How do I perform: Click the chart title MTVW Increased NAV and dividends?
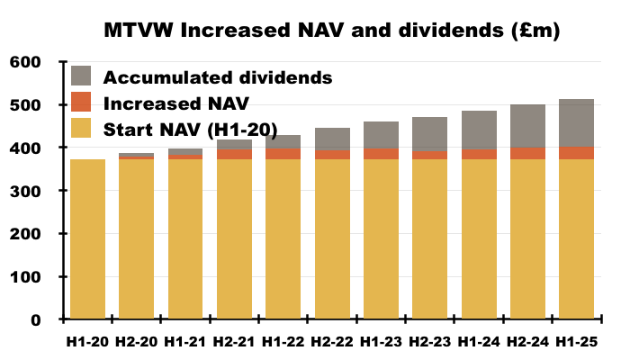click(332, 31)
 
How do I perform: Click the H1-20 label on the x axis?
click(87, 342)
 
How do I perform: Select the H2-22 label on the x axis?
click(332, 342)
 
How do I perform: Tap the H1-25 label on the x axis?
click(576, 342)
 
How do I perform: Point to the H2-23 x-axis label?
click(429, 342)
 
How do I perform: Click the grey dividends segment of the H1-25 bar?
click(576, 123)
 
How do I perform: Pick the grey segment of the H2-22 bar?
click(332, 139)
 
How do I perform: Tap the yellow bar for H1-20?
click(87, 238)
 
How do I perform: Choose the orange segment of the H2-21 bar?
click(234, 154)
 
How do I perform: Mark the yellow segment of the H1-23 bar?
click(381, 238)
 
